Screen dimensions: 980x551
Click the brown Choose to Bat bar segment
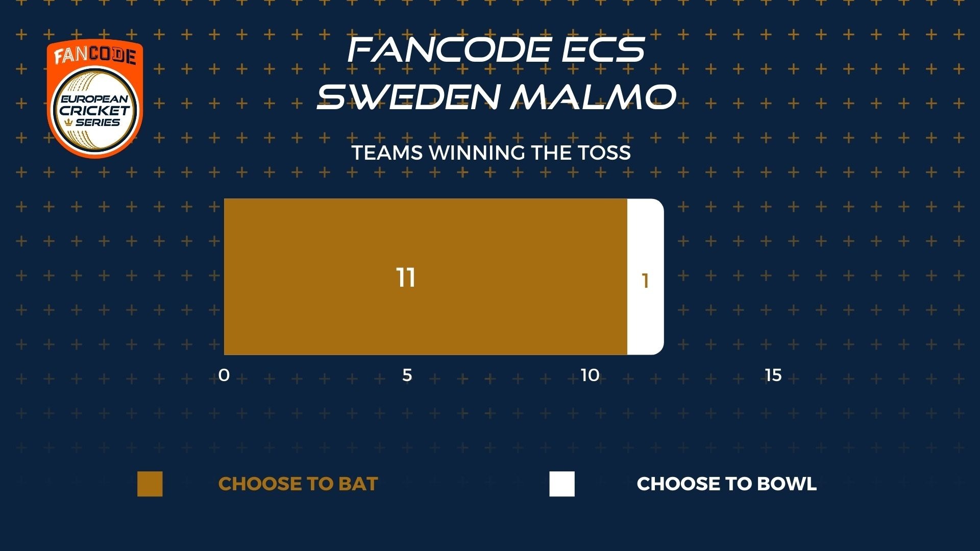pyautogui.click(x=425, y=277)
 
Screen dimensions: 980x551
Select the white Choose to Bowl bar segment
pyautogui.click(x=646, y=277)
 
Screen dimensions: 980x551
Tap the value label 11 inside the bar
pyautogui.click(x=406, y=278)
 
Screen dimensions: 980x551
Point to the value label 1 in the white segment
pyautogui.click(x=645, y=281)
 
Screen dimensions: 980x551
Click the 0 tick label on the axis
pyautogui.click(x=224, y=375)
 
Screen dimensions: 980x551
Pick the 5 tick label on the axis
pyautogui.click(x=407, y=375)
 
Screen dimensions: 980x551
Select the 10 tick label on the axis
pyautogui.click(x=590, y=375)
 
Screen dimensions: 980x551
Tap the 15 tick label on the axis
pyautogui.click(x=773, y=375)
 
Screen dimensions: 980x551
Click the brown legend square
pyautogui.click(x=150, y=484)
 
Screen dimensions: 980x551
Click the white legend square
pyautogui.click(x=562, y=484)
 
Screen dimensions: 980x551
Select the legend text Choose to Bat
pyautogui.click(x=298, y=484)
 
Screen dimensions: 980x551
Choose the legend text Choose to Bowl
pyautogui.click(x=727, y=484)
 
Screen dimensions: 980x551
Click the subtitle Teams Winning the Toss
pyautogui.click(x=491, y=153)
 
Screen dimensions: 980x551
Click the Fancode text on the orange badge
pyautogui.click(x=95, y=55)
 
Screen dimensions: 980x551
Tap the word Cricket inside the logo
pyautogui.click(x=95, y=110)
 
